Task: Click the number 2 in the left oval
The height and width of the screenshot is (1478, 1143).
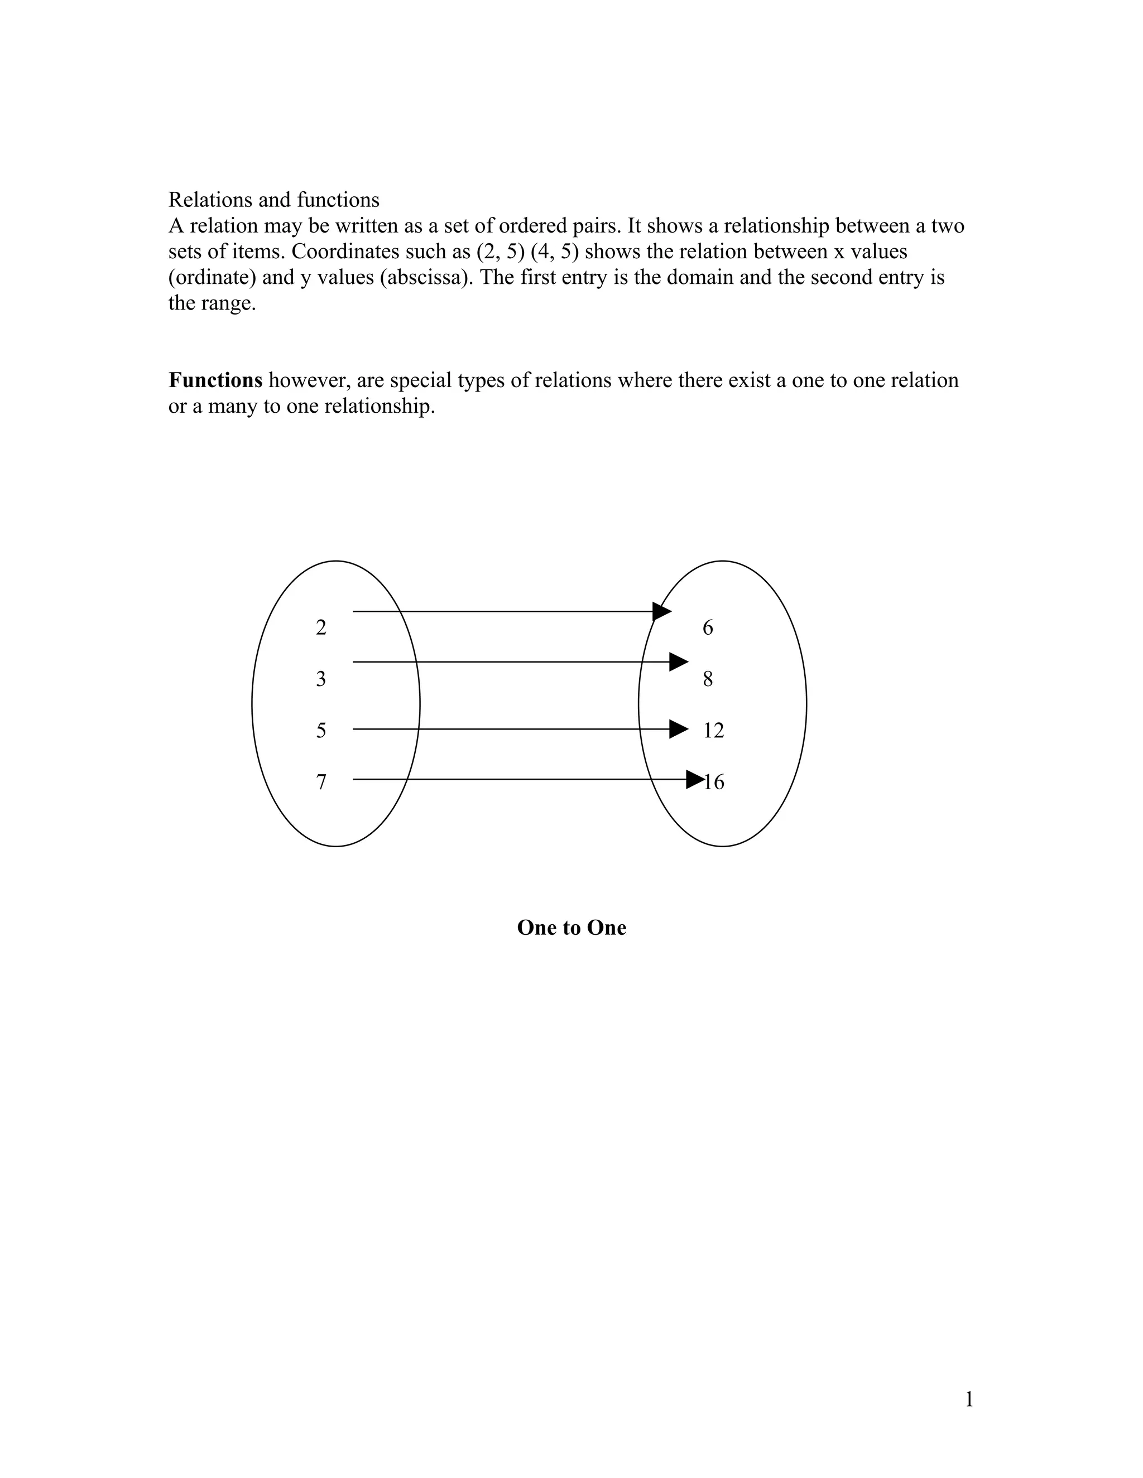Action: (321, 627)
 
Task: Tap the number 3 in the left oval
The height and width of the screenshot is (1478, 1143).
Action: (321, 679)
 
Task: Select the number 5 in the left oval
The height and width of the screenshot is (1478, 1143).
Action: (321, 730)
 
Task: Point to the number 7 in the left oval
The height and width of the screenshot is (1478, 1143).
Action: (321, 781)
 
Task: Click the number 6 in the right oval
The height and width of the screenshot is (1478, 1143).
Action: (708, 627)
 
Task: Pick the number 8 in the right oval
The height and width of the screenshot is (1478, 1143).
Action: (708, 679)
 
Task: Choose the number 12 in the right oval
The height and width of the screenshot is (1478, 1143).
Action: (714, 730)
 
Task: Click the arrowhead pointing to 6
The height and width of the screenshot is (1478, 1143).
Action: (661, 611)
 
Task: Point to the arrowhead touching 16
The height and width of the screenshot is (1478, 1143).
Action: (695, 780)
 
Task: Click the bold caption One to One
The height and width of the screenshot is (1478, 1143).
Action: (571, 927)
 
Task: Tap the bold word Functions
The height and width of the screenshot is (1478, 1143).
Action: (215, 380)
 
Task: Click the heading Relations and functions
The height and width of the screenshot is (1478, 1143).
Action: (273, 200)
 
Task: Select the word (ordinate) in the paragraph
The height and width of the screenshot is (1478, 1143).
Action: (212, 277)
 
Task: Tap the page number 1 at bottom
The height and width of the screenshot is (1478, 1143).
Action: (969, 1399)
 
